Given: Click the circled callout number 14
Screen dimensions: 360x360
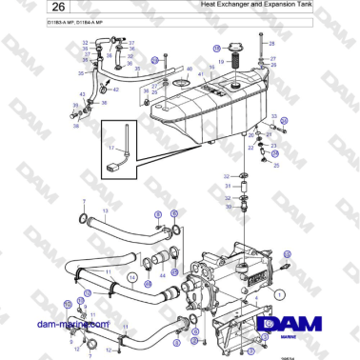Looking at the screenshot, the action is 133,278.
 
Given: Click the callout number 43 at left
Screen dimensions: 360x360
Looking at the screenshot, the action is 83,93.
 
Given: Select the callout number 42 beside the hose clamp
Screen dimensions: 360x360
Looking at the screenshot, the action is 104,88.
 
